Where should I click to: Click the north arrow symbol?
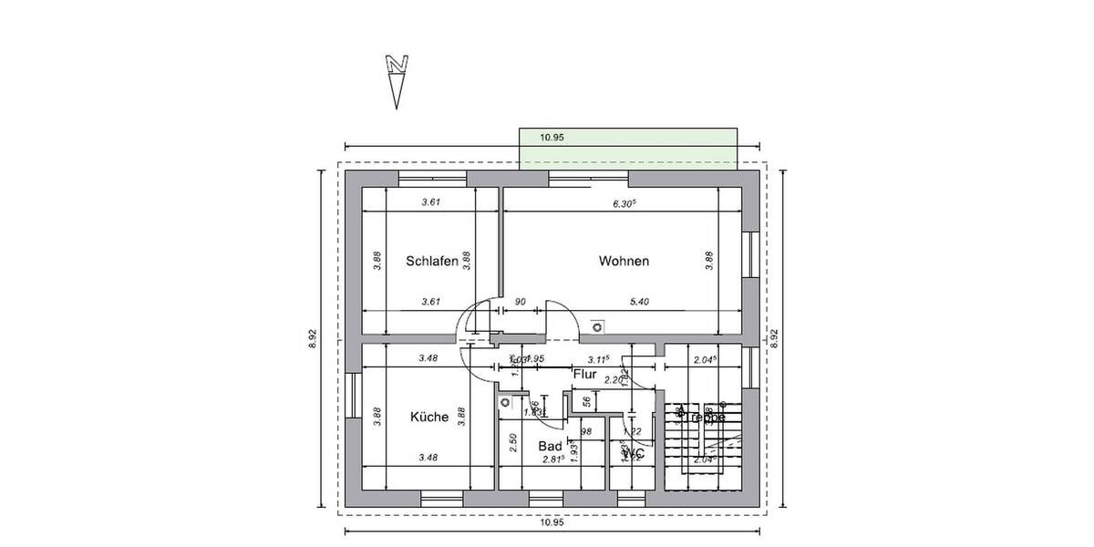pos(396,80)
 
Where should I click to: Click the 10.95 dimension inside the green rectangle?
pos(552,138)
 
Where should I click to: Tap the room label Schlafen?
pos(431,262)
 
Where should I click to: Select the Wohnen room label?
pos(624,262)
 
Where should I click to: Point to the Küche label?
pos(428,418)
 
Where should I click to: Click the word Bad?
pos(550,446)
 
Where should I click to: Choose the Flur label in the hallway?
pos(584,374)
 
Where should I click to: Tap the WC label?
pos(635,453)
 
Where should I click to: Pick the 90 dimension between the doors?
pos(521,301)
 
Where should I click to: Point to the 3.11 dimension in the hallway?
pos(599,358)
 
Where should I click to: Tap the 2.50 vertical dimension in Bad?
pos(513,444)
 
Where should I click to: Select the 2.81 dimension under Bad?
pos(552,459)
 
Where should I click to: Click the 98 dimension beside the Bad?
pos(586,431)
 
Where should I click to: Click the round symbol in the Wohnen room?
pos(597,325)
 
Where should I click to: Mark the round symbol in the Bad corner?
pos(504,401)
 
